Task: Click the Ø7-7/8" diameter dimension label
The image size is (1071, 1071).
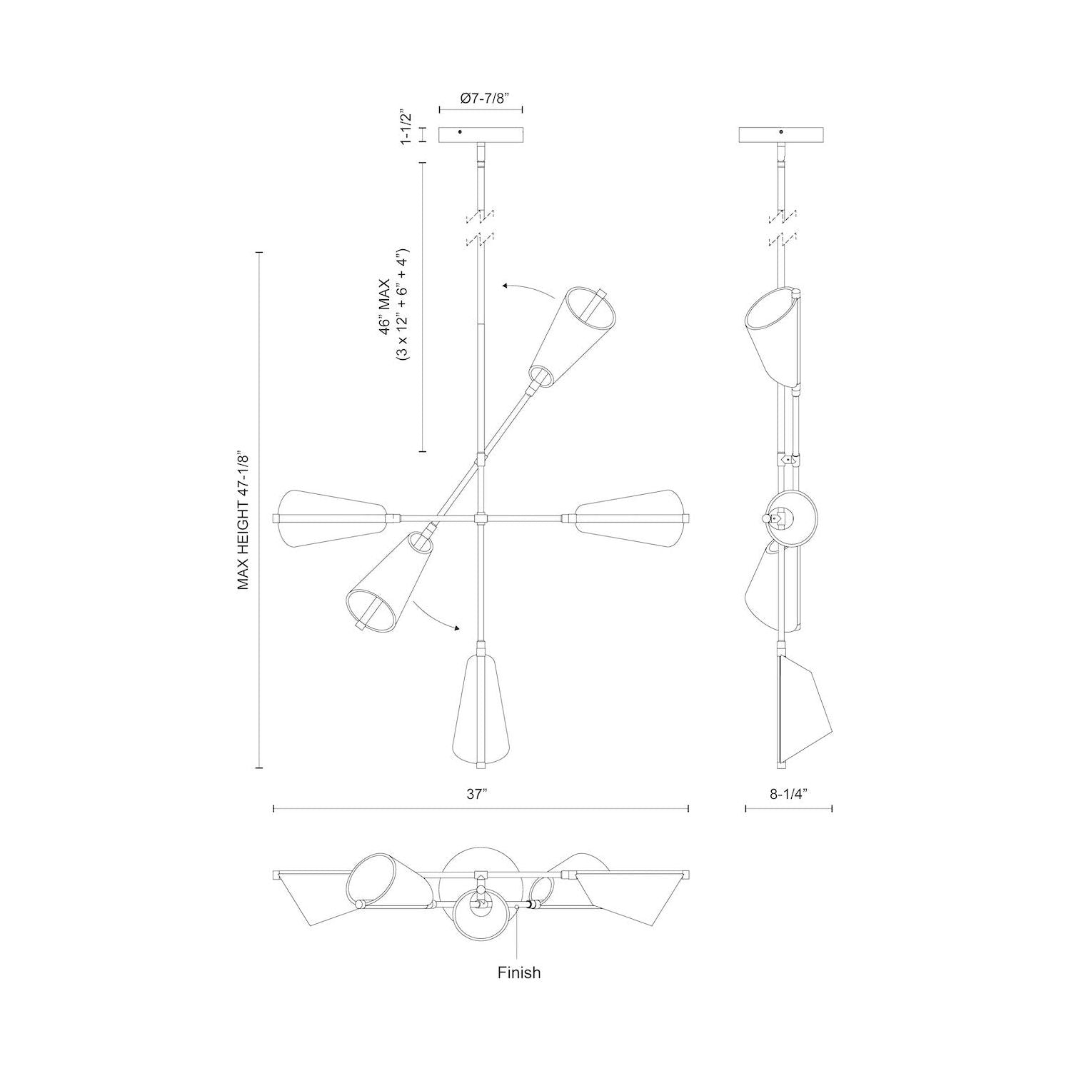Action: [x=481, y=99]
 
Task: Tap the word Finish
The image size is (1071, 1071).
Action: [x=519, y=972]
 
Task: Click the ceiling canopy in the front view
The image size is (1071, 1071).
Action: [x=481, y=135]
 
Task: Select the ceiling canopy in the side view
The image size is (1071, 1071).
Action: [x=781, y=135]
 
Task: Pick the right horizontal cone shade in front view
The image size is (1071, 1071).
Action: [x=631, y=517]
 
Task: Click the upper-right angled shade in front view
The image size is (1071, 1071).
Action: [x=572, y=336]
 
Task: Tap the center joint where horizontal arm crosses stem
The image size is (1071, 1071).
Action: [x=482, y=518]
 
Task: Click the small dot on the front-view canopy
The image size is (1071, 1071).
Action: [x=460, y=132]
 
